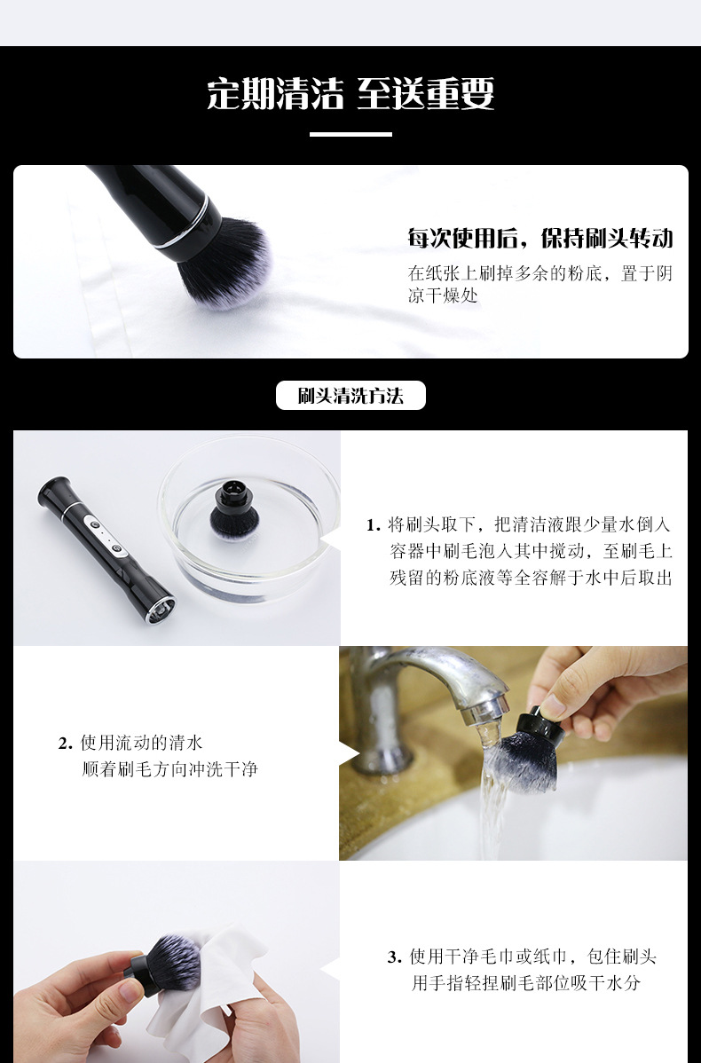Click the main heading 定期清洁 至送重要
point(350,93)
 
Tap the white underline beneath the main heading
point(350,134)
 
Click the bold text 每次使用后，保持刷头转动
point(540,238)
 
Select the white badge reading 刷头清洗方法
point(350,396)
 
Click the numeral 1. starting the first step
point(373,525)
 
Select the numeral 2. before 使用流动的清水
point(65,744)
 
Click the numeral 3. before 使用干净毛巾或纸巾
point(395,957)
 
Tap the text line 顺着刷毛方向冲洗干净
point(169,769)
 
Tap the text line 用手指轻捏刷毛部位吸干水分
point(525,983)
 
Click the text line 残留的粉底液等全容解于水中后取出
point(531,578)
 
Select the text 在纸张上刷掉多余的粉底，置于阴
point(540,273)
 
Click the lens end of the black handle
point(161,610)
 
